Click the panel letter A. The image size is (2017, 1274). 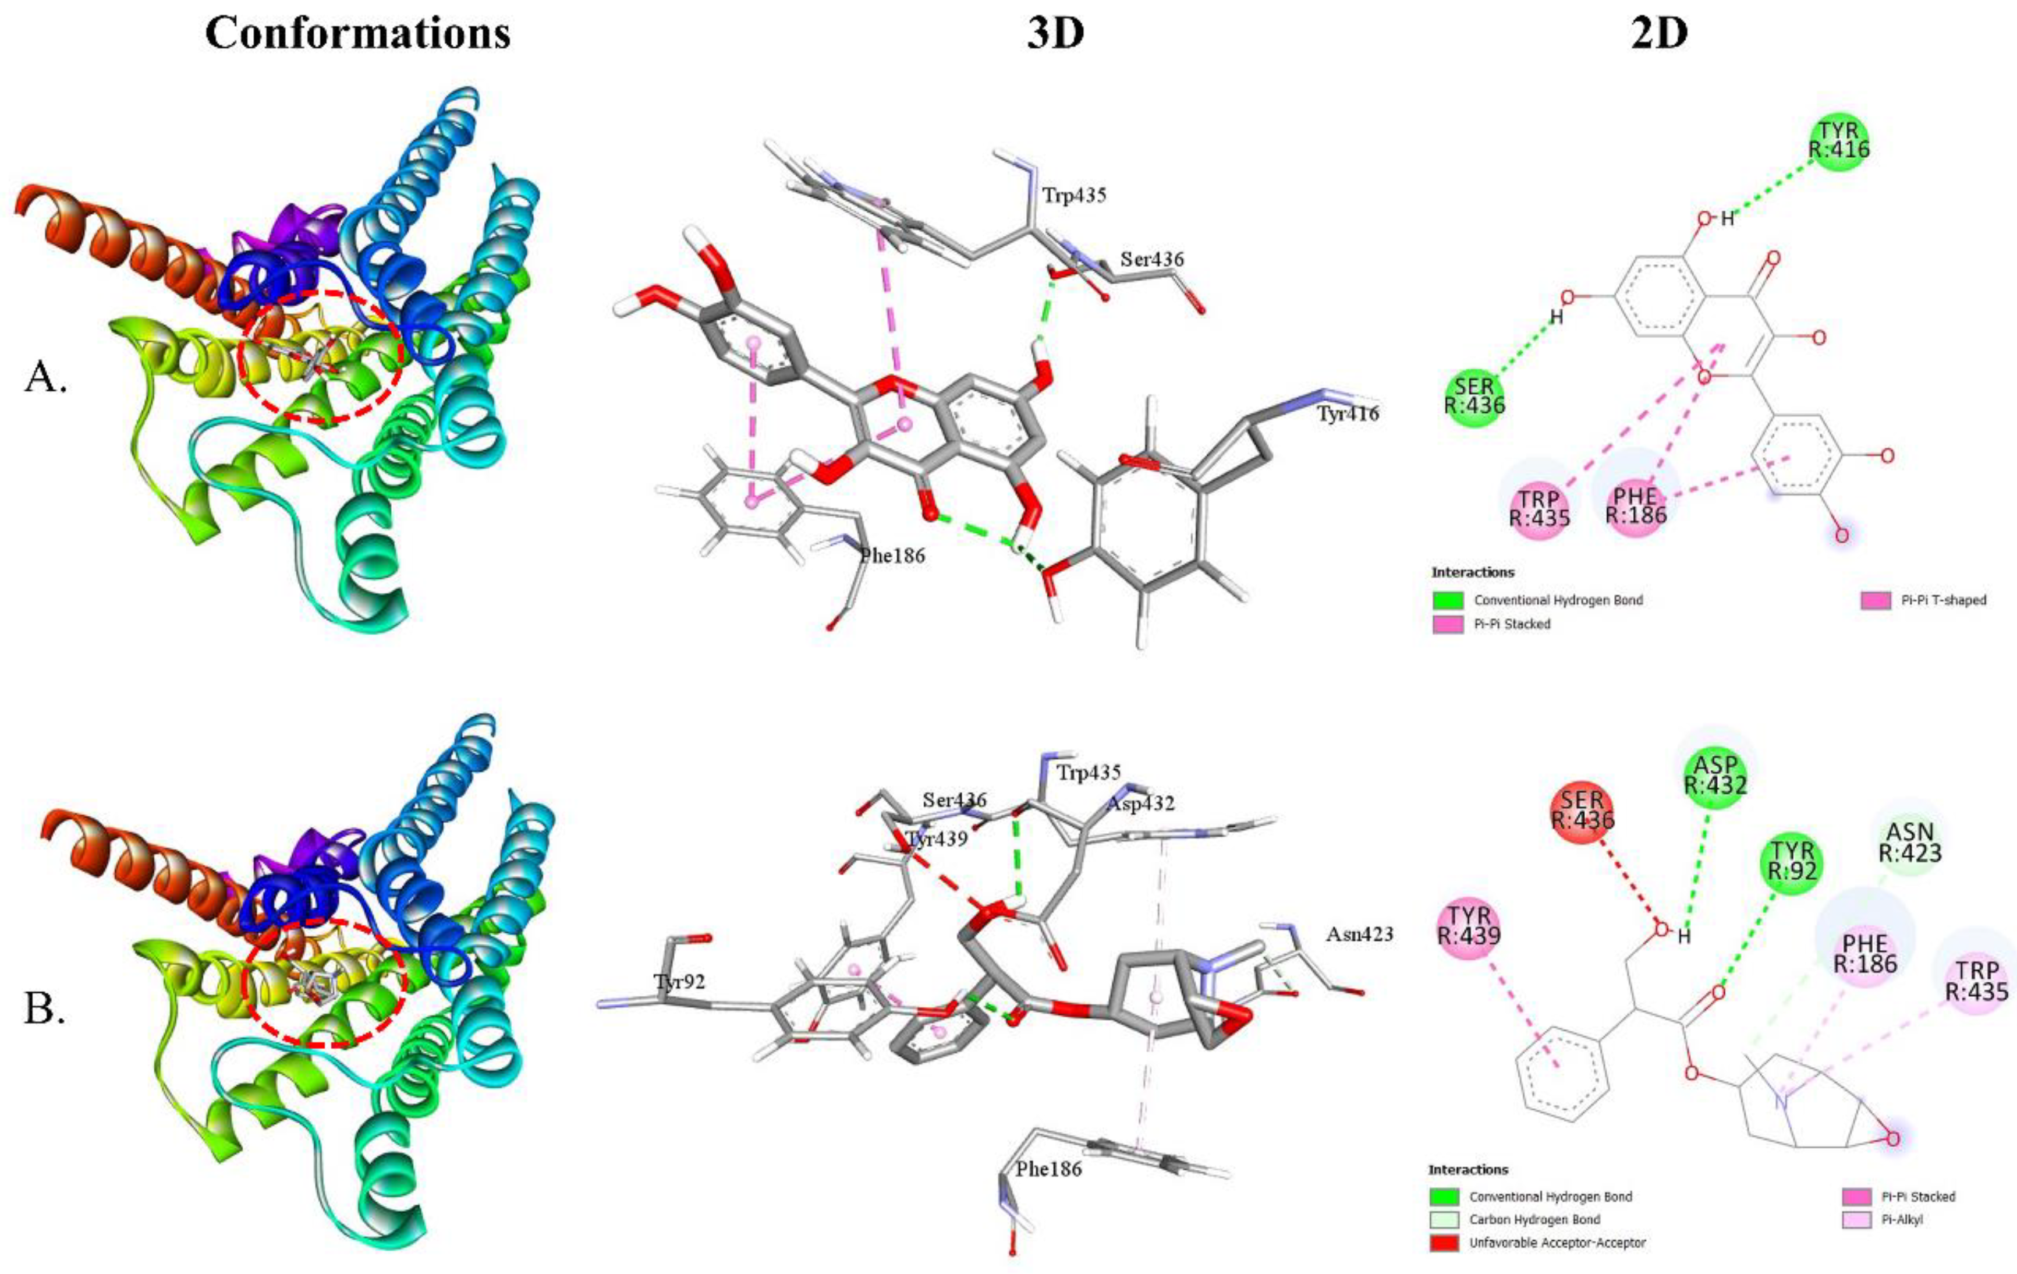45,378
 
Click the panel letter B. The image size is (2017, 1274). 45,1010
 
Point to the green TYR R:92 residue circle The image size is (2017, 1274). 1792,861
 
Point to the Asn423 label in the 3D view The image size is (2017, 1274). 1359,933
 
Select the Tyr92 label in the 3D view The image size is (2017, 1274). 680,982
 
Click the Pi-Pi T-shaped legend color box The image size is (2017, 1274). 1876,600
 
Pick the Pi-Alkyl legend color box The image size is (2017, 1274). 1857,1219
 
